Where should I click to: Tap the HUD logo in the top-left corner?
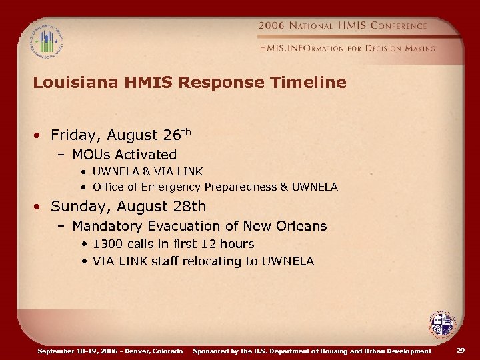point(45,41)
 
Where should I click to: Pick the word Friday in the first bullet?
point(73,135)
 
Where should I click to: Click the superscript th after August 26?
point(186,131)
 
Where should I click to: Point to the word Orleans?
point(303,226)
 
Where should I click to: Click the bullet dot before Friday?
point(39,136)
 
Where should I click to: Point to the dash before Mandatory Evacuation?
point(61,227)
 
